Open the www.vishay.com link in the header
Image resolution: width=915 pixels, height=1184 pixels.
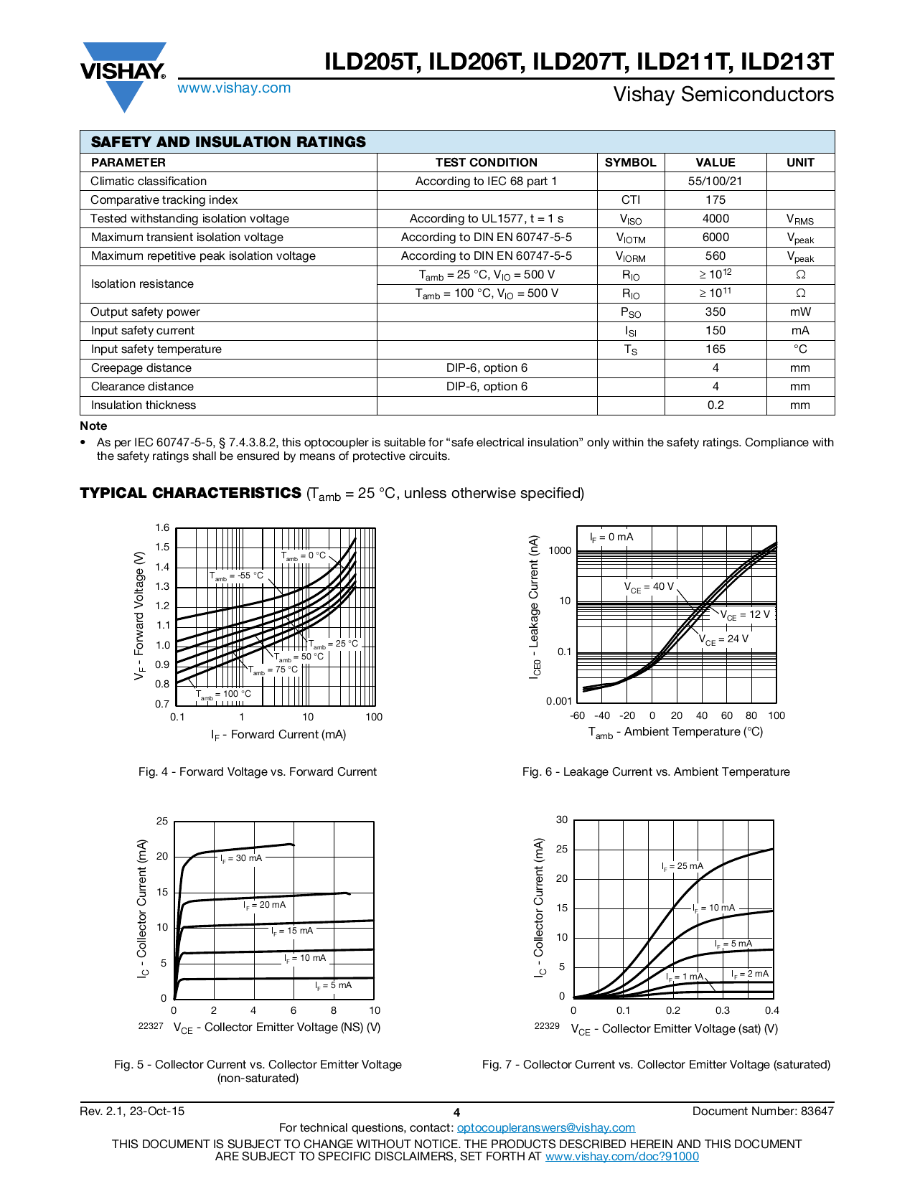coord(234,88)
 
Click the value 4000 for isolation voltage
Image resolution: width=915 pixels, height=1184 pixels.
coord(715,219)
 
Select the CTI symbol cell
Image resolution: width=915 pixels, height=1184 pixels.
coord(630,200)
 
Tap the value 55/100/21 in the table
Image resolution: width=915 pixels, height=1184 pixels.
coord(715,182)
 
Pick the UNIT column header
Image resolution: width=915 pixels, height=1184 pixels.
coord(799,163)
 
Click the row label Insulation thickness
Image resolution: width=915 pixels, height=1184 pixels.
coord(144,405)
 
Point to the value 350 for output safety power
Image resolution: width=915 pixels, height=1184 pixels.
coord(715,312)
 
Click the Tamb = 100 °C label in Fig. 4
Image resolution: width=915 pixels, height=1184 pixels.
coord(224,694)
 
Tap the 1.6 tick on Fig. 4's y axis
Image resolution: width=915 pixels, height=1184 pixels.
coord(162,528)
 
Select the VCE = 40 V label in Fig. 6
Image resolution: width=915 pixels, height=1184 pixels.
coord(649,587)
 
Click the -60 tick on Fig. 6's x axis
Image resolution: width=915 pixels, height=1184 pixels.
coord(577,715)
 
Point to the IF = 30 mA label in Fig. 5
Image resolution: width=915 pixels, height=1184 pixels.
coord(241,858)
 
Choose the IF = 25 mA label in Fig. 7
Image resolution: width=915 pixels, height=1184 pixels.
coord(682,866)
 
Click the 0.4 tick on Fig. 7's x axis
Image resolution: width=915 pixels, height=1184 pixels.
coord(772,1010)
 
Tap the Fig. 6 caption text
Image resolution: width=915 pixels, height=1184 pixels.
coord(656,772)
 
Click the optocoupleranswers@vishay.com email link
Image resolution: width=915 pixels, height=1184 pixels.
coord(546,1128)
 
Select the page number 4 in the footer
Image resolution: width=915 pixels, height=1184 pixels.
coord(457,1112)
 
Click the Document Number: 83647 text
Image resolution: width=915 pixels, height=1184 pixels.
coord(763,1112)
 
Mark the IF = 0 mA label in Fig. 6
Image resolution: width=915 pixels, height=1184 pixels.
coord(611,537)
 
